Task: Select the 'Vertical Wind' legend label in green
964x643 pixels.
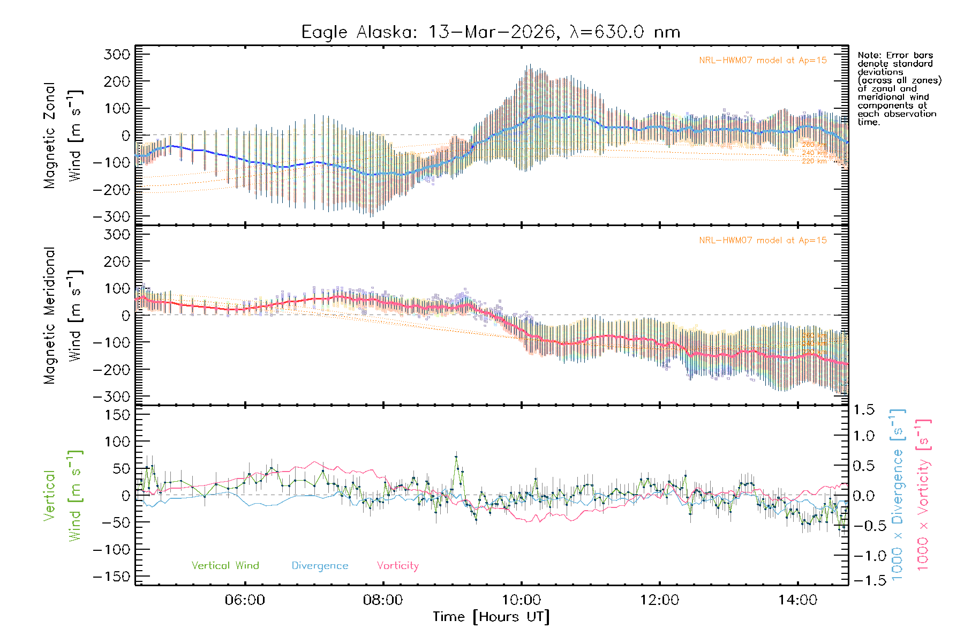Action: (225, 565)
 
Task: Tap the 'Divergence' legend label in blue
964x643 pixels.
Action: (320, 565)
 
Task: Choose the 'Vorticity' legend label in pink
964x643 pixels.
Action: (397, 565)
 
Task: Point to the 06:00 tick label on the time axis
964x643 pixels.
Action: (245, 600)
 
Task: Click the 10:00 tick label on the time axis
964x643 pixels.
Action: (521, 600)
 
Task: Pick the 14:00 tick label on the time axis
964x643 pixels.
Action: (797, 600)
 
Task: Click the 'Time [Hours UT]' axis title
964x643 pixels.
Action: (491, 617)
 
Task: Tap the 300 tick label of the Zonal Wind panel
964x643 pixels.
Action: (117, 54)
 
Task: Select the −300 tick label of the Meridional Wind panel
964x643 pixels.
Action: (111, 397)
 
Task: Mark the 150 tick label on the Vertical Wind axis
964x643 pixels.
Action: (117, 415)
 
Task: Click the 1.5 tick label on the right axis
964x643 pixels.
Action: (864, 410)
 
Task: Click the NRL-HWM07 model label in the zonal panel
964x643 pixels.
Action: (763, 61)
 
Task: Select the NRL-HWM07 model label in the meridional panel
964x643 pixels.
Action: (763, 241)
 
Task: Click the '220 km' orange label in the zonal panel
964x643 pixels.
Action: (814, 161)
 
